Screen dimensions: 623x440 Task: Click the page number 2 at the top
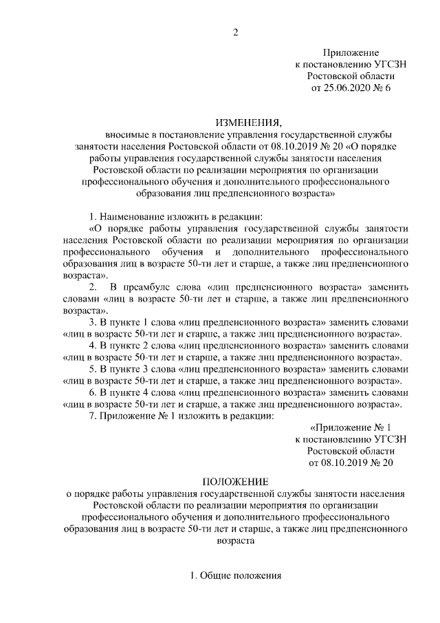(235, 32)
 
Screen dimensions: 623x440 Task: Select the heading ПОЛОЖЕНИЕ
(235, 481)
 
